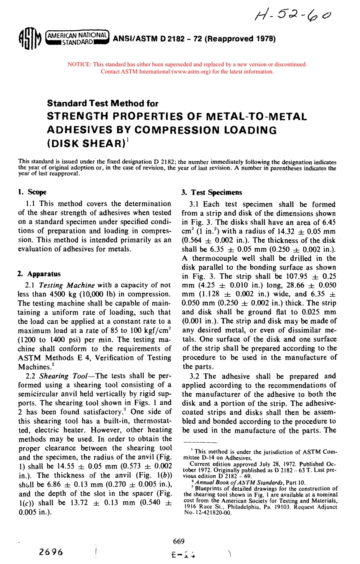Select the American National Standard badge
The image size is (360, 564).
click(x=77, y=38)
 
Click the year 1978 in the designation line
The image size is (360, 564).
click(x=265, y=39)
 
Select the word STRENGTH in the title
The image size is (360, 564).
click(x=80, y=117)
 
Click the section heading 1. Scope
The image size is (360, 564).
click(x=32, y=192)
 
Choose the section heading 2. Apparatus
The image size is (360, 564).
click(x=39, y=274)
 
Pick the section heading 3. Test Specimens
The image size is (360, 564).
click(x=211, y=192)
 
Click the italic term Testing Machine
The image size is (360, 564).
click(x=67, y=285)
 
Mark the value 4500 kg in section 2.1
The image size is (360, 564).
click(x=49, y=294)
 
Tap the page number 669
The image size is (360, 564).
click(x=178, y=541)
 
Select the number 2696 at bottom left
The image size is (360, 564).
click(x=51, y=552)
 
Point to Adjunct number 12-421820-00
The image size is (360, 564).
click(x=211, y=512)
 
